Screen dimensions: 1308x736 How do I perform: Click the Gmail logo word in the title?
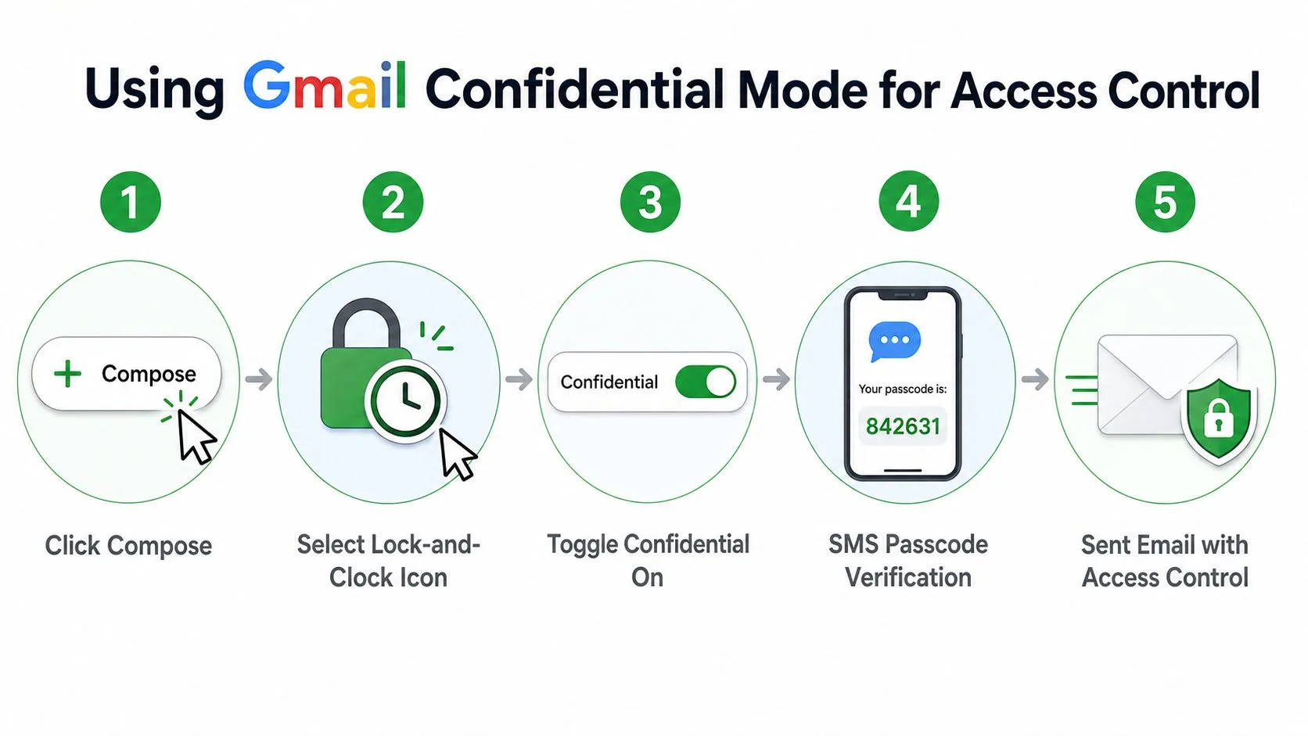point(325,86)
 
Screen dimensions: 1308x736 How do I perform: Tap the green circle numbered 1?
point(130,202)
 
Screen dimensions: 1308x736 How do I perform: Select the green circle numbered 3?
point(650,202)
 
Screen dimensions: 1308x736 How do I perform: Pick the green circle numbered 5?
point(1165,202)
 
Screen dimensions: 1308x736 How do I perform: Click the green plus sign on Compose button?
point(68,374)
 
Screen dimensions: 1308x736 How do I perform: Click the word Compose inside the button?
point(149,374)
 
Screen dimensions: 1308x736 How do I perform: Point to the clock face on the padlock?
point(405,401)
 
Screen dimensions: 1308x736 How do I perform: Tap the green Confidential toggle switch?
point(706,382)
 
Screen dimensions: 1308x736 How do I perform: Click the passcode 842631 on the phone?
point(903,426)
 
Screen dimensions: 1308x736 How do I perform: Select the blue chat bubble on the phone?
point(895,342)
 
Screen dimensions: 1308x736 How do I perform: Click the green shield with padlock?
point(1219,420)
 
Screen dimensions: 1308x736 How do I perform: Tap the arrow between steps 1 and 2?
point(259,379)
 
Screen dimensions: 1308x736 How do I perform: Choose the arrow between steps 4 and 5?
point(1035,379)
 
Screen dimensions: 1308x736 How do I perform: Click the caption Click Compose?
point(128,546)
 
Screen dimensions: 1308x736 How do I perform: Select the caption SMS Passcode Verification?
point(908,562)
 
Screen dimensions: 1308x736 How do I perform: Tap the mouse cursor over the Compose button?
point(196,436)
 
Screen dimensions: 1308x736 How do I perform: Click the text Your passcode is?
point(903,390)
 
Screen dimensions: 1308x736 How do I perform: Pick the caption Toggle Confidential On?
point(649,562)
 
